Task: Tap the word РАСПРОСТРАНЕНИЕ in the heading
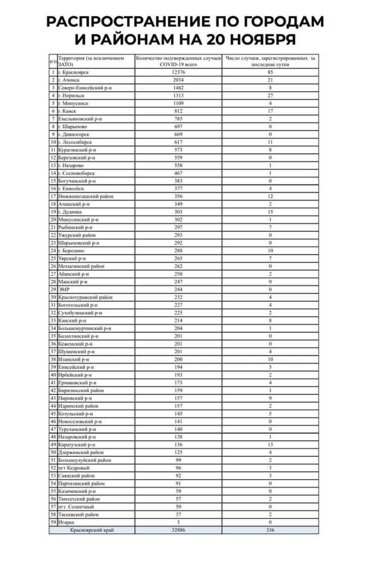[125, 21]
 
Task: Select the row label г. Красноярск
[74, 73]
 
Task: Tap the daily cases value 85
[270, 73]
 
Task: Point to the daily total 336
[270, 530]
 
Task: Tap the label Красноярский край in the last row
[92, 530]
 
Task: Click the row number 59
[53, 522]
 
